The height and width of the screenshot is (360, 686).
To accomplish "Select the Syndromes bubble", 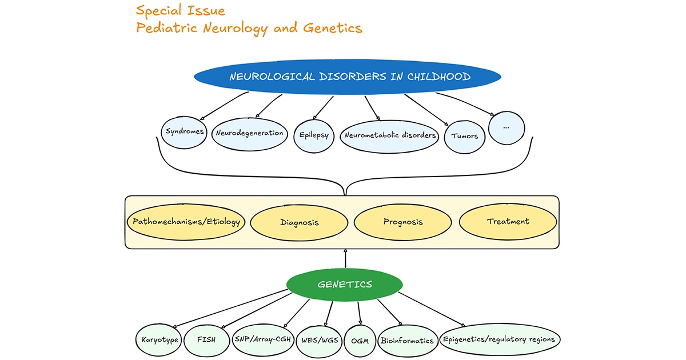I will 185,132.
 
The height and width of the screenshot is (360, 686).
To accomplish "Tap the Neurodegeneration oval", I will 249,133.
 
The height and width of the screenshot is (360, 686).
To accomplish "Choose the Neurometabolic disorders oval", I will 389,136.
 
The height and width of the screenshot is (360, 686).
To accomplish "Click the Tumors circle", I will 465,137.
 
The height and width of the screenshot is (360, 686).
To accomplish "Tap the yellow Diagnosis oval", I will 292,222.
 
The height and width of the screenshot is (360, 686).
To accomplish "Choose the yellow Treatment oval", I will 508,222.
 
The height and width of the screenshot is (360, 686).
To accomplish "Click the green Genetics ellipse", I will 344,284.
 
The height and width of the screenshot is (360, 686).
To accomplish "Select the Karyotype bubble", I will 159,340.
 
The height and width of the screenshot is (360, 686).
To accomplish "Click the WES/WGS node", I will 319,340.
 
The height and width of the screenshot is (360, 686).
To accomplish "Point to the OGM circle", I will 361,341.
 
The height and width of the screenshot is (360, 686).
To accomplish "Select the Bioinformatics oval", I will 407,341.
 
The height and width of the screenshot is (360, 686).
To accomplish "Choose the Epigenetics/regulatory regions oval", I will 499,339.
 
